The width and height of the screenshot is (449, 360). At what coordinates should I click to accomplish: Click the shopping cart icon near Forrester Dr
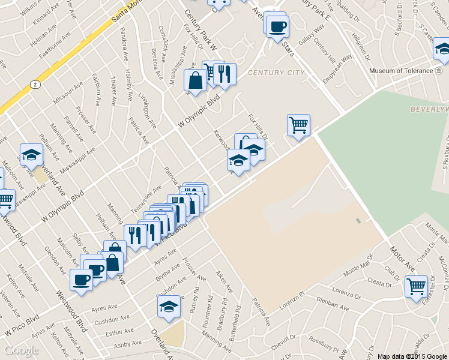(416, 286)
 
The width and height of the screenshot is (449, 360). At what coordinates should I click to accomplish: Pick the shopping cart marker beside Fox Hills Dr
(298, 125)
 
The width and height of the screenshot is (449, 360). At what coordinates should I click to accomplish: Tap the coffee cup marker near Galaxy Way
(277, 26)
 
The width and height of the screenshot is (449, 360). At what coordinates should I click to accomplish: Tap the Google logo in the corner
(22, 350)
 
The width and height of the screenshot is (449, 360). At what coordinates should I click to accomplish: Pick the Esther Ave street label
(118, 331)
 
